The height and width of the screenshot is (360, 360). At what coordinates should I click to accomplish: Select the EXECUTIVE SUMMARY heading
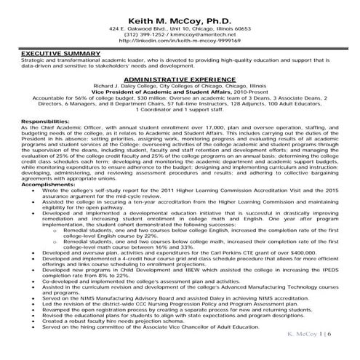coord(52,54)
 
